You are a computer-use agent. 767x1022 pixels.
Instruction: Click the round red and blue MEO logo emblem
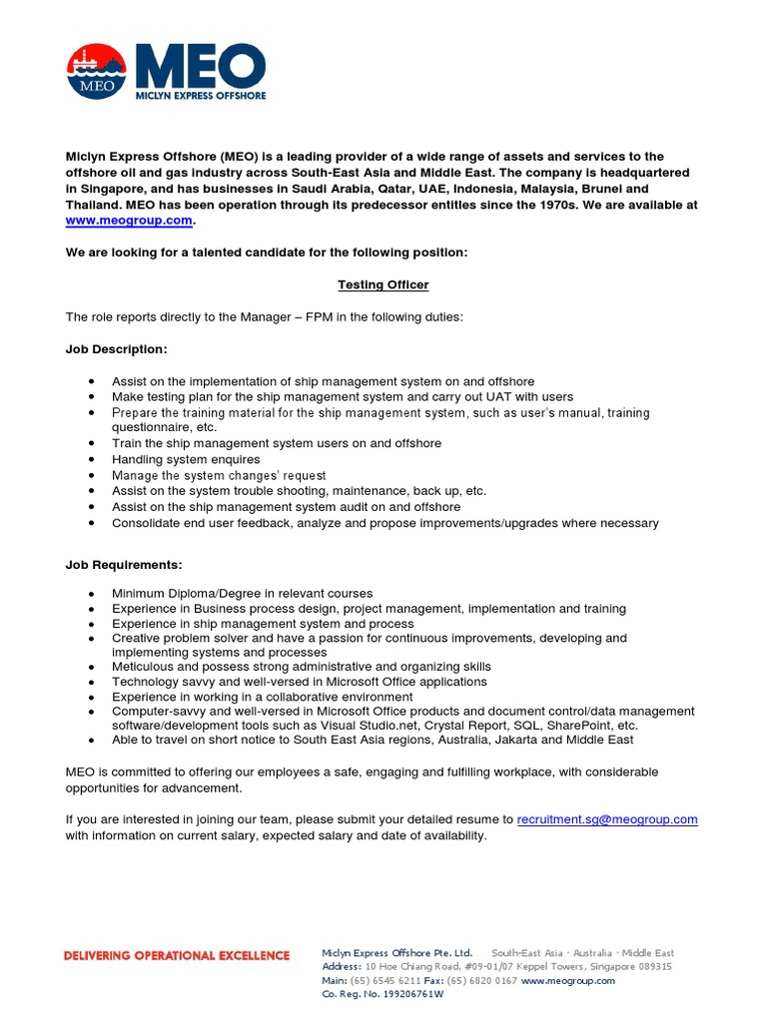[x=98, y=71]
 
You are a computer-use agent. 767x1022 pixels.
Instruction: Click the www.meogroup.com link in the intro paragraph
[x=128, y=221]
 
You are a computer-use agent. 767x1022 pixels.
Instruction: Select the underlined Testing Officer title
[x=383, y=284]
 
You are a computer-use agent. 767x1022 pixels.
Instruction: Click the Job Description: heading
[x=117, y=349]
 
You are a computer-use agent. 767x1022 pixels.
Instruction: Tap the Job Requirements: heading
[x=124, y=565]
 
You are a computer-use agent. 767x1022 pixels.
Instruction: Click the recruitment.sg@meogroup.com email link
[x=607, y=819]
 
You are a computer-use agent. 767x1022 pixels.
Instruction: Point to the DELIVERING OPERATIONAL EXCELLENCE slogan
[x=177, y=955]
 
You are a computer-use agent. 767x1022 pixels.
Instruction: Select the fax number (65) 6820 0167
[x=482, y=980]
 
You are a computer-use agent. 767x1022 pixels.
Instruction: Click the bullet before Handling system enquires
[x=92, y=459]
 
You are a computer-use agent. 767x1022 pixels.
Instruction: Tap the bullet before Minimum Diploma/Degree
[x=92, y=594]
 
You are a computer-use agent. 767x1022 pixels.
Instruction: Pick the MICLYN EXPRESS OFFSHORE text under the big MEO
[x=201, y=97]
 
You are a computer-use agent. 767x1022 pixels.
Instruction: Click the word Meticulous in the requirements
[x=143, y=667]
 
